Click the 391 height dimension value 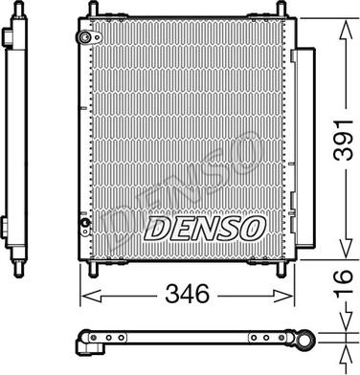pyautogui.click(x=343, y=140)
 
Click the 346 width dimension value pyautogui.click(x=187, y=294)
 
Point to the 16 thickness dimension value pyautogui.click(x=343, y=281)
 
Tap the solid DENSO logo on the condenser pyautogui.click(x=205, y=228)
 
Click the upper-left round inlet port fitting pyautogui.click(x=85, y=37)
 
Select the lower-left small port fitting pyautogui.click(x=85, y=223)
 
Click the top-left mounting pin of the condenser pyautogui.click(x=93, y=10)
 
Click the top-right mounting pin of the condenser pyautogui.click(x=281, y=10)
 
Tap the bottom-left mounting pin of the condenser pyautogui.click(x=92, y=269)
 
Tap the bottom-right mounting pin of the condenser pyautogui.click(x=281, y=269)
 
